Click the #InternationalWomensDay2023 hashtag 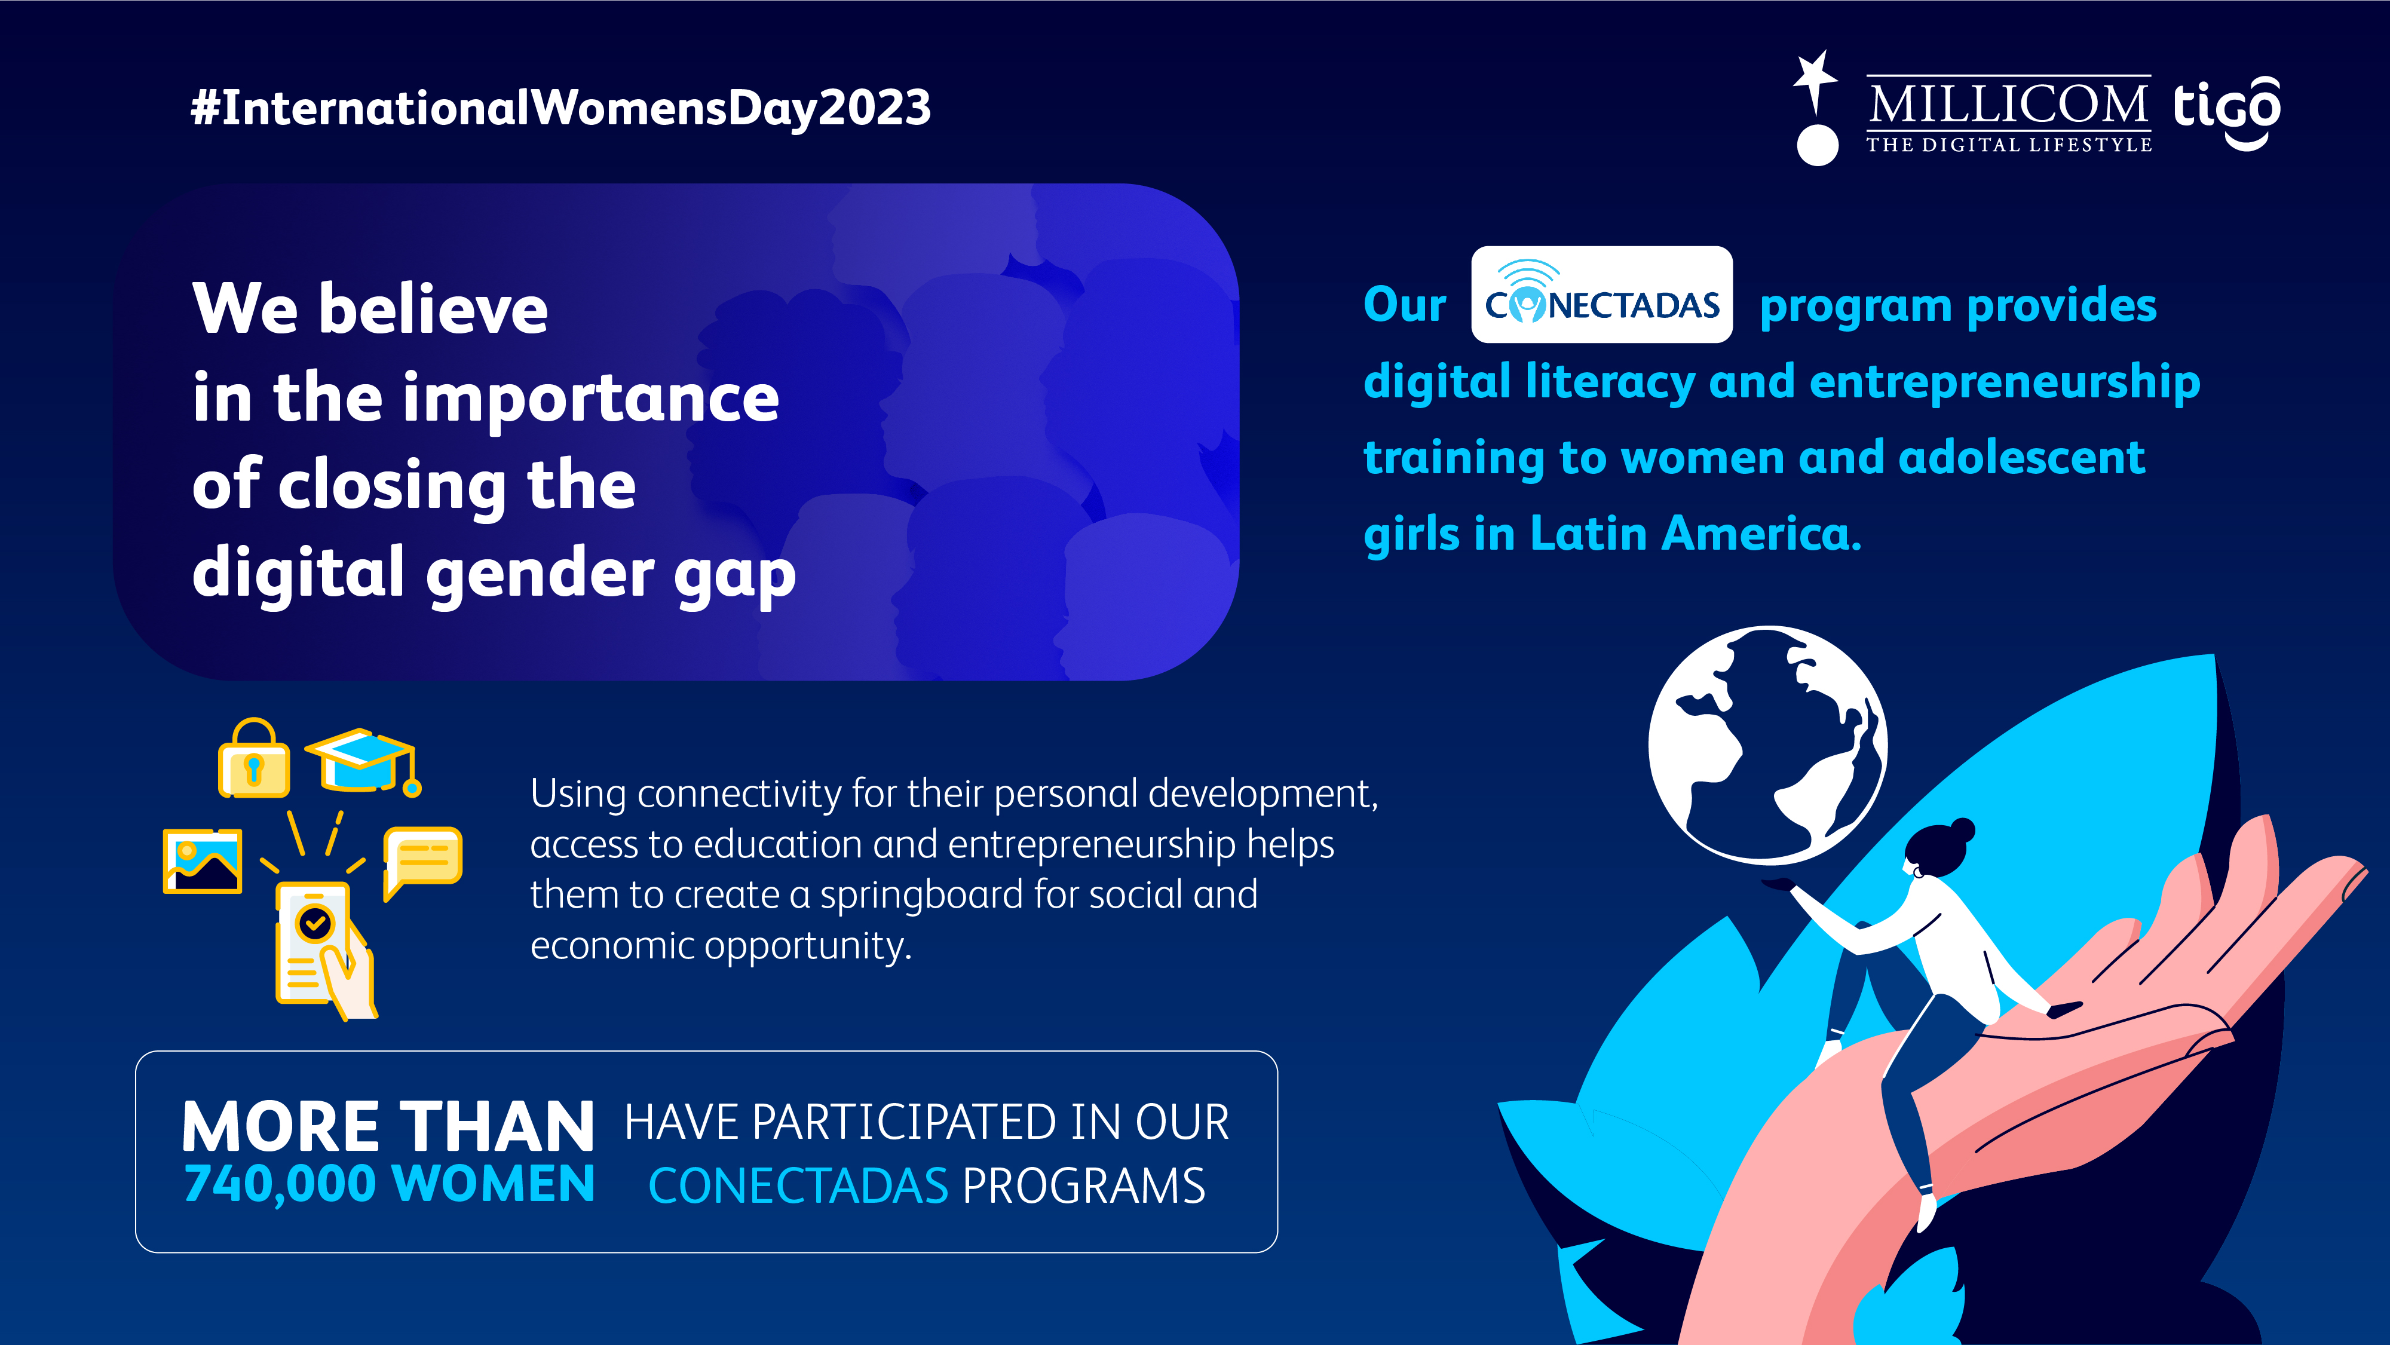(560, 108)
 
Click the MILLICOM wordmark (2009, 104)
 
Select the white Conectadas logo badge (1601, 294)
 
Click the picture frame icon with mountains (203, 861)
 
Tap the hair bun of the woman (1962, 829)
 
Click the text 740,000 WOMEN (390, 1184)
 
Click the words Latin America (1695, 534)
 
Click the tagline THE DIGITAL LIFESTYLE (2009, 145)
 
